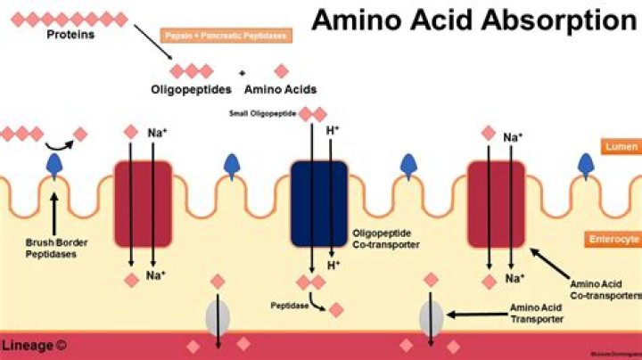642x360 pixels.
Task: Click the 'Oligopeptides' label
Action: coord(191,89)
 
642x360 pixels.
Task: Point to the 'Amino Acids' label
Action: coord(282,89)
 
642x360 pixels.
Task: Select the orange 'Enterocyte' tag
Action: coord(613,240)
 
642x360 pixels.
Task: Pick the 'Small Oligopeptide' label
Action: coord(263,114)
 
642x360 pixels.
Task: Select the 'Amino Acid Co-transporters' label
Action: coord(606,290)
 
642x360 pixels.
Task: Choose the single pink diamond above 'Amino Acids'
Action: coord(282,71)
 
